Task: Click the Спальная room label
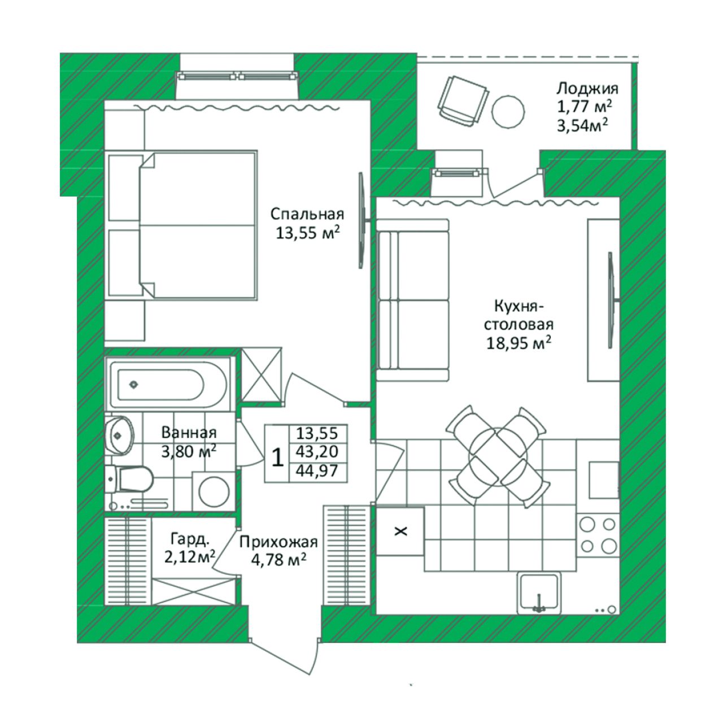point(307,214)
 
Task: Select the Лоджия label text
point(587,89)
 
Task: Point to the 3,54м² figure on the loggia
point(582,125)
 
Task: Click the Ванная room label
point(189,433)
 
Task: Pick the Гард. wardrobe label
point(189,539)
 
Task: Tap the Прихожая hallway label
point(278,542)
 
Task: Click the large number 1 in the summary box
point(277,458)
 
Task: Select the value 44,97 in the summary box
point(317,470)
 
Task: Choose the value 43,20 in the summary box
point(317,452)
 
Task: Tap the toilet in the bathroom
point(129,479)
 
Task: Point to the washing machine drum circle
point(214,491)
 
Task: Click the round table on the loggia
point(508,111)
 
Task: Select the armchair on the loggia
point(463,101)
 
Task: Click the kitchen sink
point(539,593)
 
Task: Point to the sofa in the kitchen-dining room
point(413,300)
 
